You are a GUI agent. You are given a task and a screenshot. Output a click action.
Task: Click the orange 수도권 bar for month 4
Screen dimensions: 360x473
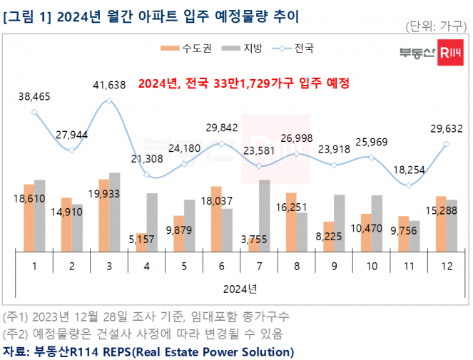142,242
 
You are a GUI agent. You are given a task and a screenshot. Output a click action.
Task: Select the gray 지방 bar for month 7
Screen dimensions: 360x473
264,215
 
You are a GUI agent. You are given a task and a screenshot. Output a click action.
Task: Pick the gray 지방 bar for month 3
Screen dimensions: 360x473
115,212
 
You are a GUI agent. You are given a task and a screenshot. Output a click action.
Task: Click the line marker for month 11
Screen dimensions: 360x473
409,185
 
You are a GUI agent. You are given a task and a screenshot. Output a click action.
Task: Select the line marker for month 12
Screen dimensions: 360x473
447,144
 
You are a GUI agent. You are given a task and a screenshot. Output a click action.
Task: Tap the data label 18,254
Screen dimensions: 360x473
409,169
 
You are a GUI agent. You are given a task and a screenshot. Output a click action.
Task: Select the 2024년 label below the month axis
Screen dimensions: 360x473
240,289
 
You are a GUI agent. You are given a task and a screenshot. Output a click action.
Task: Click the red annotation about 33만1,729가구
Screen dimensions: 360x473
243,83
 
